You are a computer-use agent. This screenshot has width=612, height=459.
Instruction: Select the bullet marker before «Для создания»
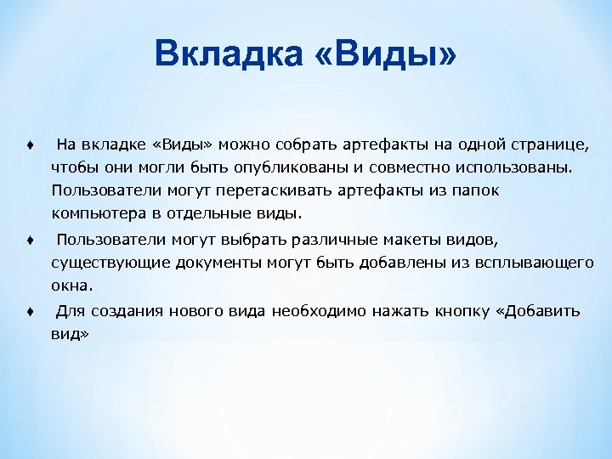point(29,312)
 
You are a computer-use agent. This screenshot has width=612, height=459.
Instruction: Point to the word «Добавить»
point(543,312)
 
